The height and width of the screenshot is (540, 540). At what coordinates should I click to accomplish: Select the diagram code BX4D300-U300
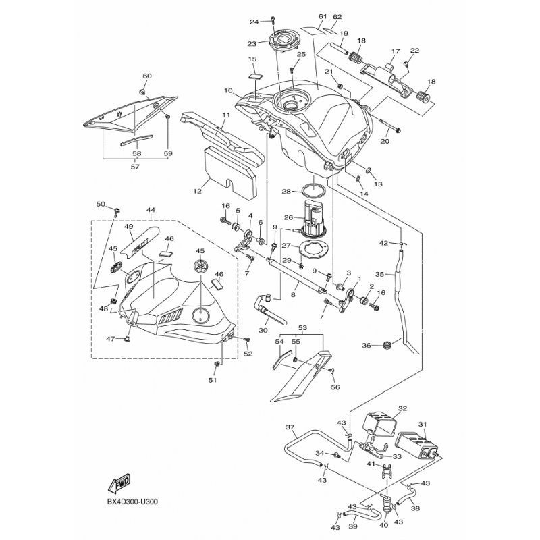(137, 502)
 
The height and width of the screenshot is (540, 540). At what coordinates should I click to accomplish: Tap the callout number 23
(252, 43)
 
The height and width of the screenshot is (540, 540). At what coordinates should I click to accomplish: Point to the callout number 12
(197, 191)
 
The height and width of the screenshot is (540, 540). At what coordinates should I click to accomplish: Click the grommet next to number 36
(387, 346)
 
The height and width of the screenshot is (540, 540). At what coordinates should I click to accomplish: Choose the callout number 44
(150, 211)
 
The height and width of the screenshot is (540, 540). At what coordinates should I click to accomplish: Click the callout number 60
(146, 76)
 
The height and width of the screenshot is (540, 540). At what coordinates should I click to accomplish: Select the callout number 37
(290, 427)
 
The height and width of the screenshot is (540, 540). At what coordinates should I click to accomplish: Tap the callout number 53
(302, 328)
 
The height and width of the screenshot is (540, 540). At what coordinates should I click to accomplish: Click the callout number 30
(263, 330)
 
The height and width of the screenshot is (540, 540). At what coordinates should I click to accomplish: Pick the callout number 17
(396, 51)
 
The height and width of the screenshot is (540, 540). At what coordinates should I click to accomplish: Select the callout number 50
(101, 204)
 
